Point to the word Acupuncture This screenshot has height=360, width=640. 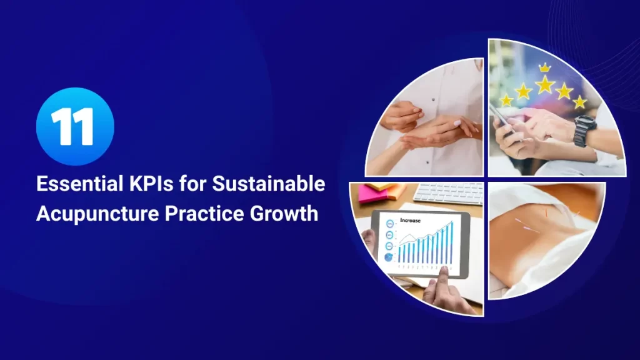pyautogui.click(x=93, y=214)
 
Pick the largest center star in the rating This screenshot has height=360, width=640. pyautogui.click(x=544, y=85)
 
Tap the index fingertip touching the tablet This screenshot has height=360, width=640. pyautogui.click(x=443, y=271)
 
